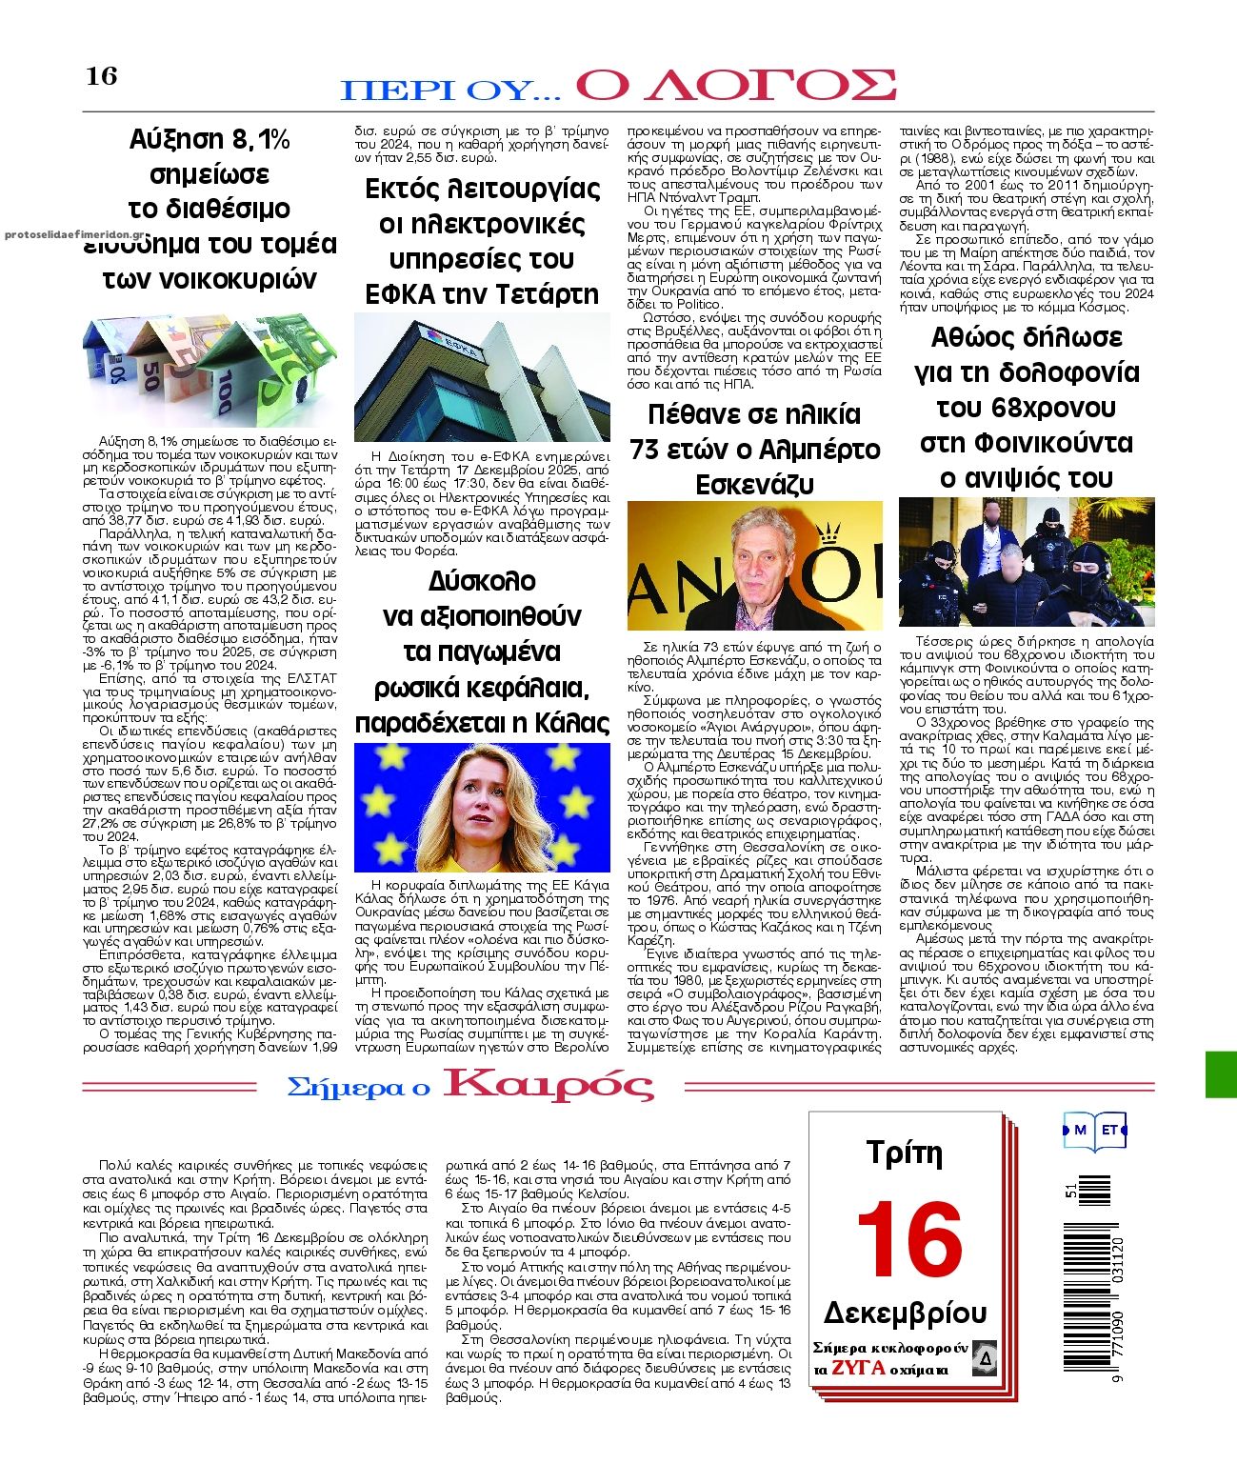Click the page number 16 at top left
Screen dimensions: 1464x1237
[x=102, y=76]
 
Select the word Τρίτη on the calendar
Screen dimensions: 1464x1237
[x=904, y=1153]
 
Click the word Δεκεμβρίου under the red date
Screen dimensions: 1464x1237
[x=905, y=1312]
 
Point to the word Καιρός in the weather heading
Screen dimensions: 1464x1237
[x=549, y=1086]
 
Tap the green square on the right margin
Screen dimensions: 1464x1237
[x=1221, y=1074]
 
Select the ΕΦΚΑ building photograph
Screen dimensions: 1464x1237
[x=482, y=377]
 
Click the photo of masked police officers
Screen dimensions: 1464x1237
[x=1027, y=562]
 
